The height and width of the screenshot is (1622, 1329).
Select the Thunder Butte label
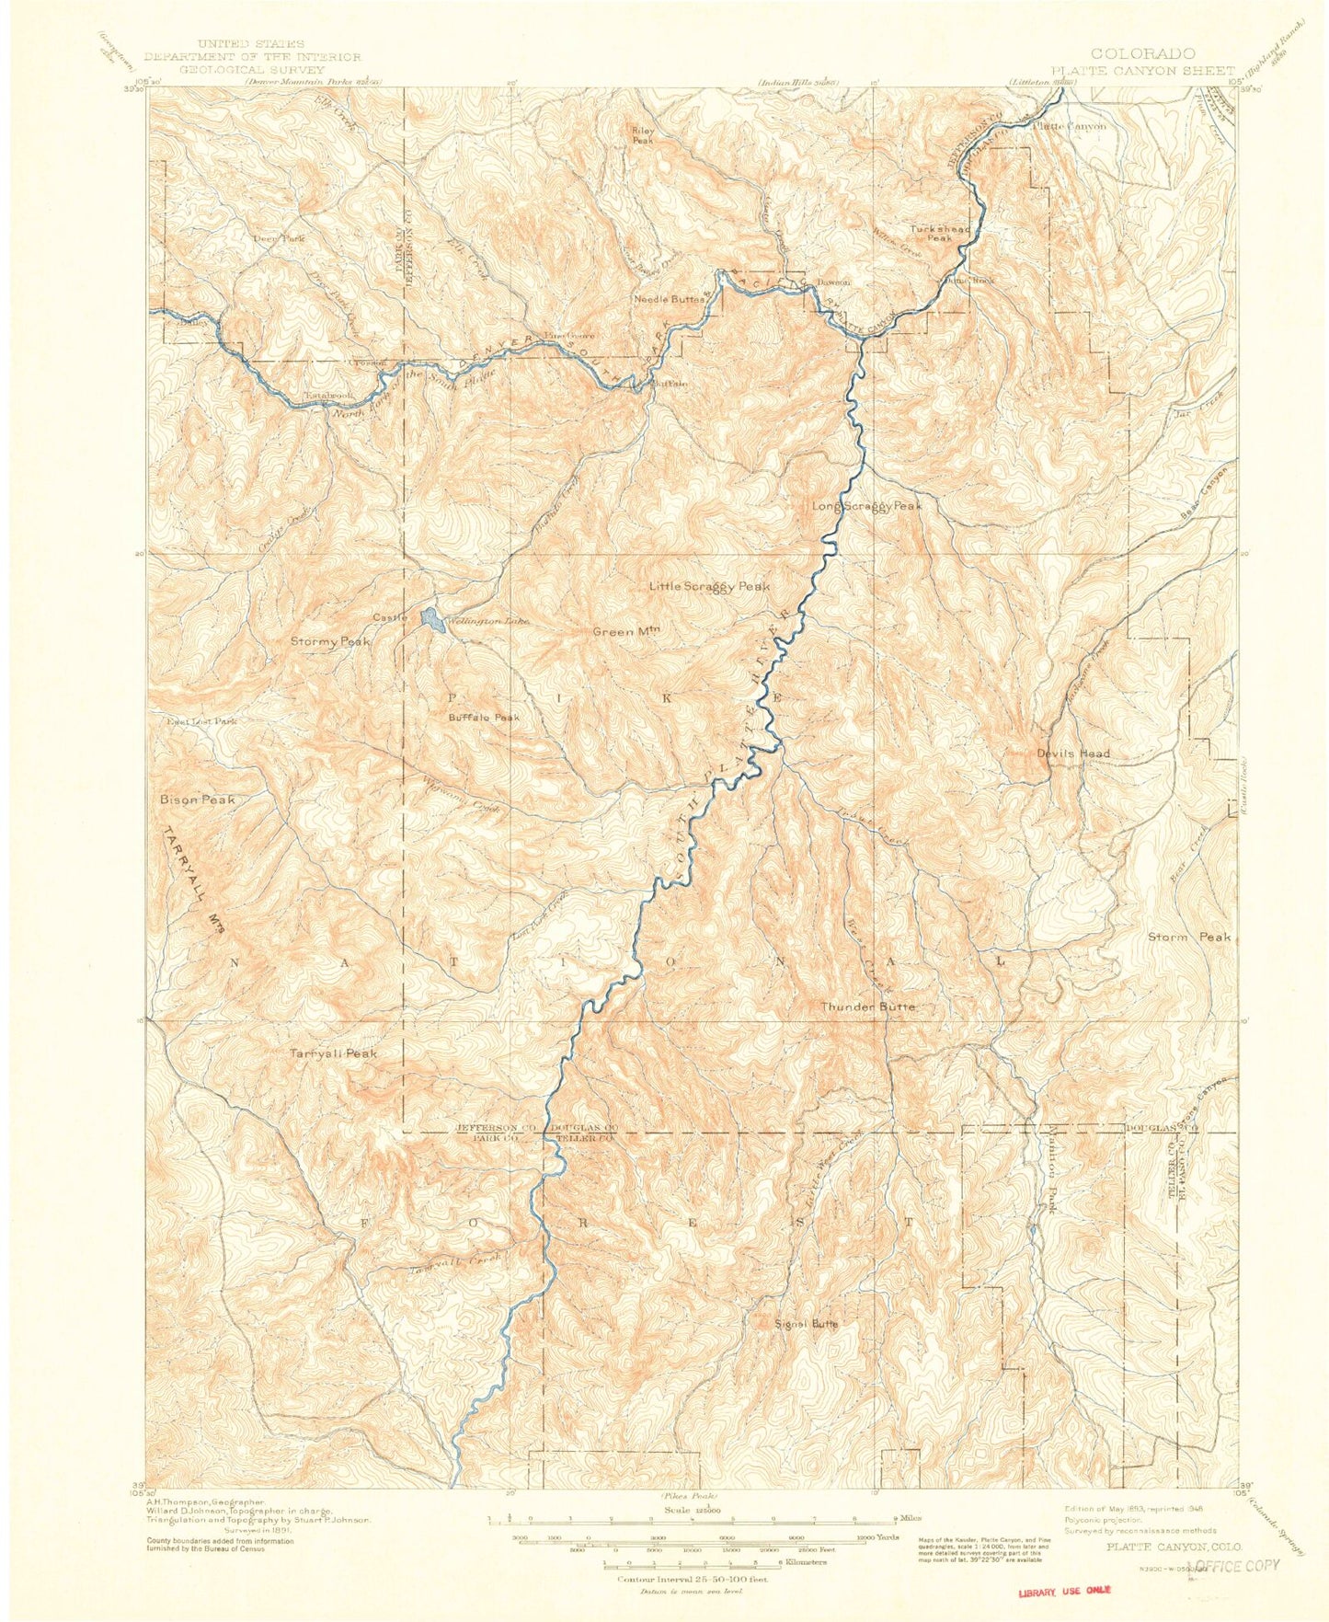point(867,1007)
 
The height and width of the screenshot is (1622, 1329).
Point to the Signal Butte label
point(806,1323)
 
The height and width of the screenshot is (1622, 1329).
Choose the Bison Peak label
point(197,799)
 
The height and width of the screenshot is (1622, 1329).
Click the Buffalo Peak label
point(484,718)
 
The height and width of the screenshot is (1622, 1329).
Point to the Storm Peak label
point(1188,937)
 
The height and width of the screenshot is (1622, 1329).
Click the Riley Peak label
point(642,135)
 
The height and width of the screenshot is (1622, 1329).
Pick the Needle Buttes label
point(669,299)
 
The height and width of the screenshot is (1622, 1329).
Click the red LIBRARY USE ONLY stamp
point(1064,1589)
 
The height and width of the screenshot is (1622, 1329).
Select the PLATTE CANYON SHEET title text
point(1142,69)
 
